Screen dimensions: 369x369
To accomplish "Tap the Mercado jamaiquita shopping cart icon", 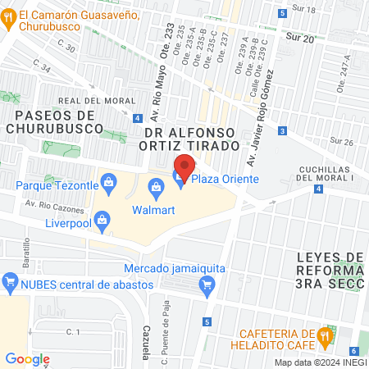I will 207,284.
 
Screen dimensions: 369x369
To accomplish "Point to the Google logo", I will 27,358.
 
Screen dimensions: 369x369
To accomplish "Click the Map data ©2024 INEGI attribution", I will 319,362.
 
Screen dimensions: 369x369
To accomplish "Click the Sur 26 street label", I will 343,142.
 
